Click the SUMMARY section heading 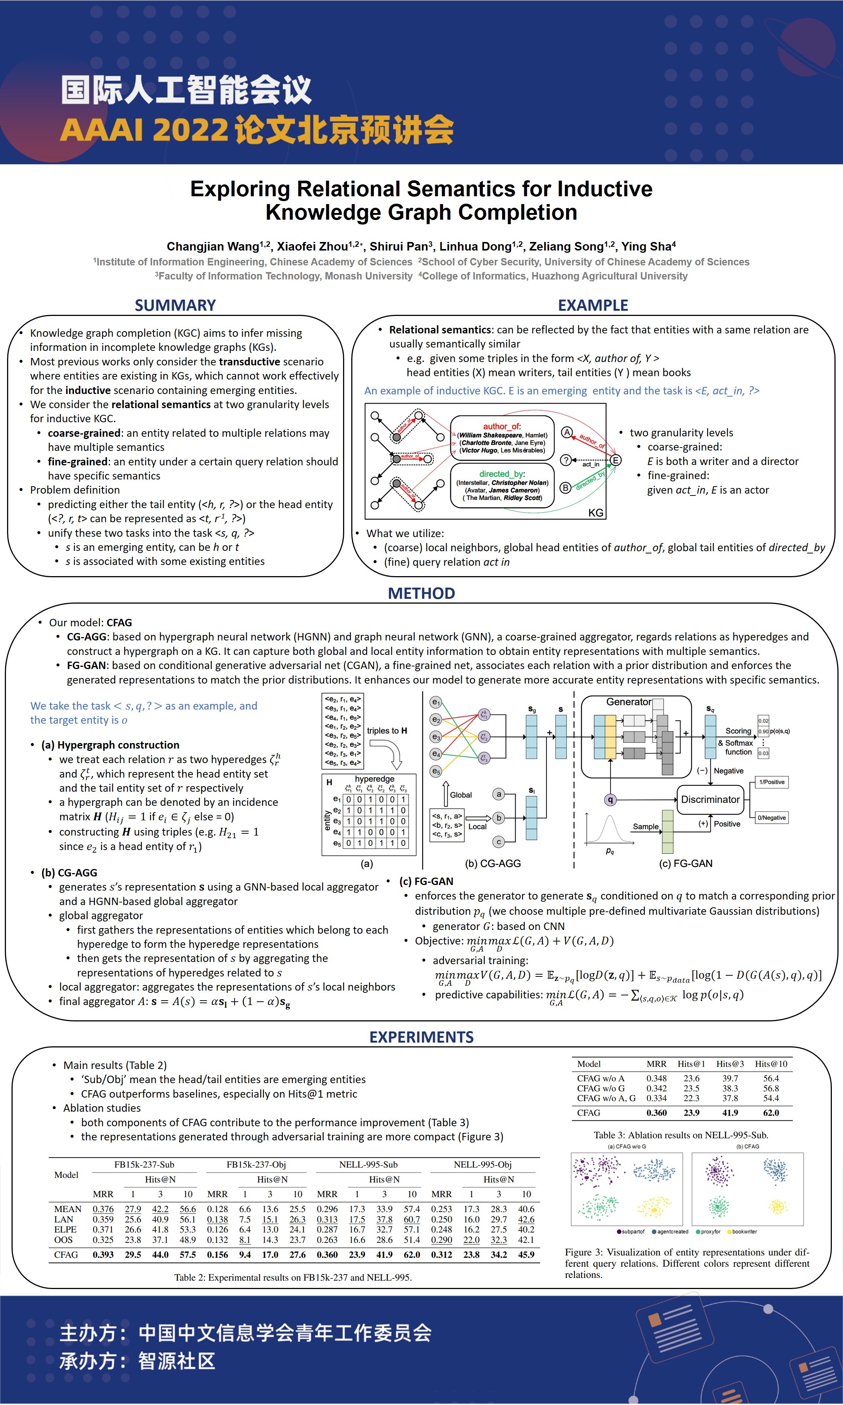pyautogui.click(x=175, y=306)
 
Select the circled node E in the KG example pyautogui.click(x=615, y=460)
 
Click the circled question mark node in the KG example pyautogui.click(x=566, y=460)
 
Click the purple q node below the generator pyautogui.click(x=610, y=800)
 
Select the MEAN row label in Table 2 pyautogui.click(x=68, y=1209)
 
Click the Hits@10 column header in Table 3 pyautogui.click(x=771, y=1064)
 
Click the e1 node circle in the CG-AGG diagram pyautogui.click(x=436, y=702)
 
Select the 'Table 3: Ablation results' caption pyautogui.click(x=681, y=1135)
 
